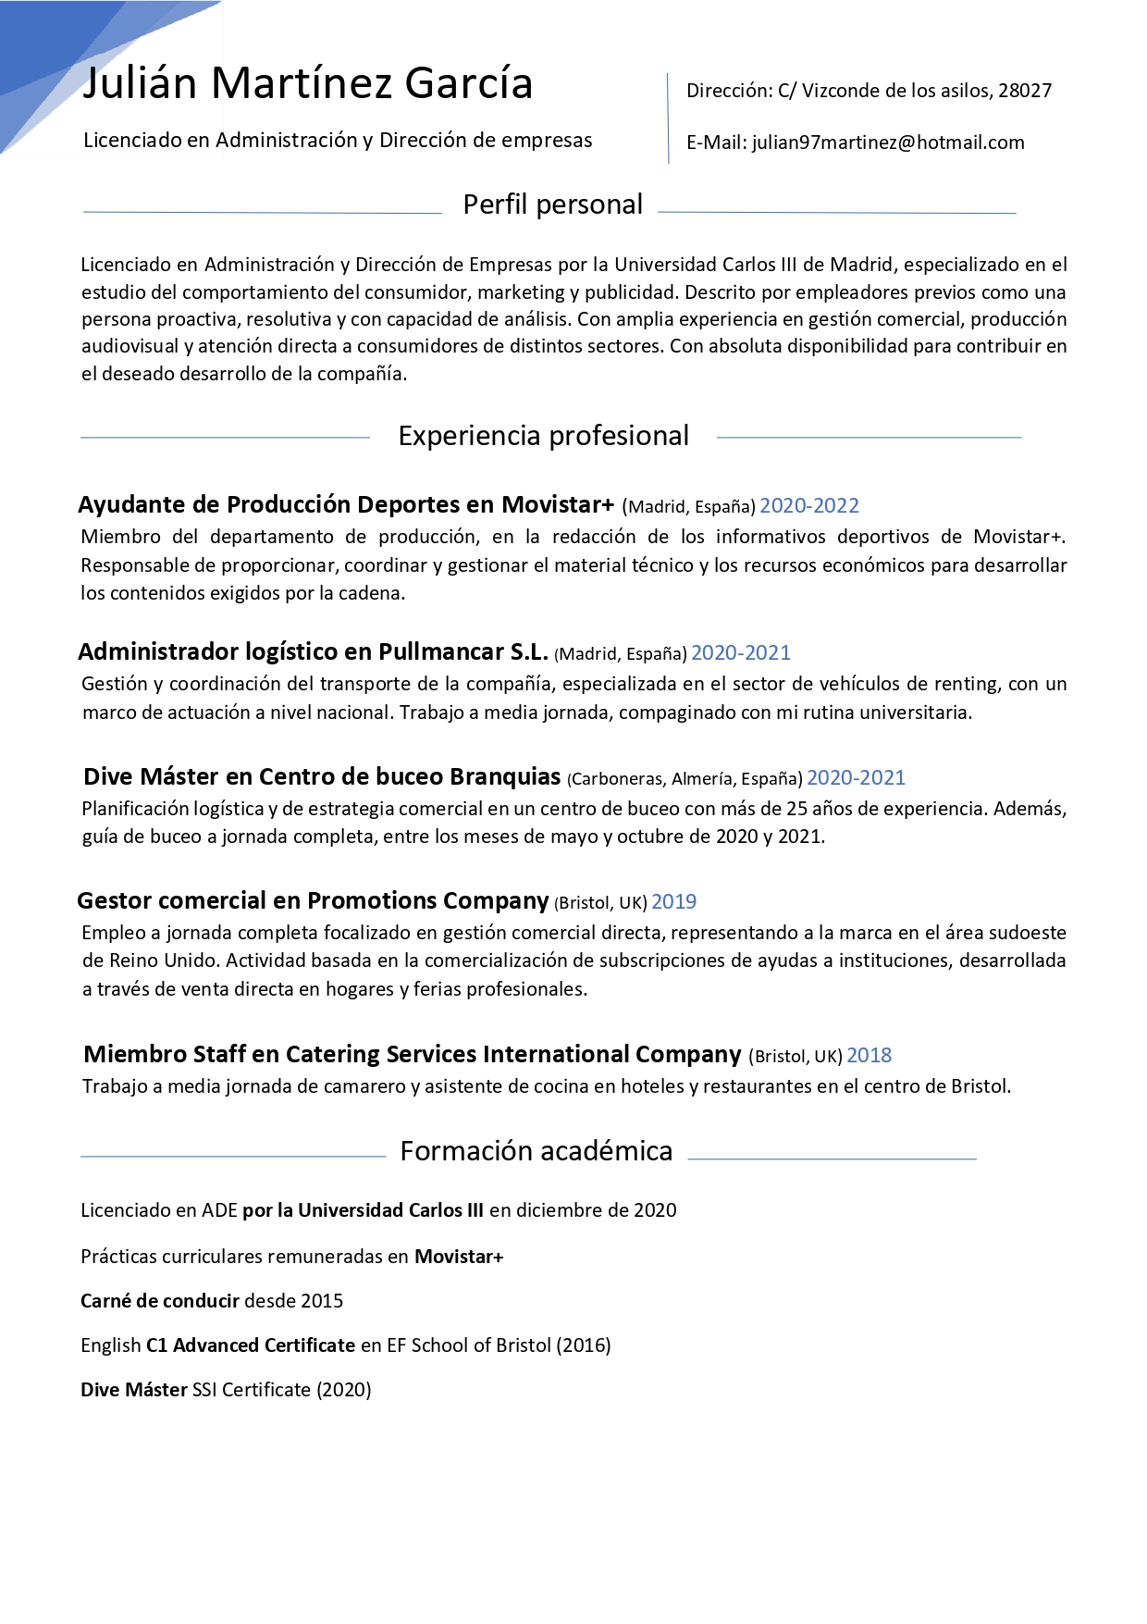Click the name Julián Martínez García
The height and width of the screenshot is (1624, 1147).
pyautogui.click(x=307, y=83)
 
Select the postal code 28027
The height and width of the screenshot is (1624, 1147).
pyautogui.click(x=1025, y=91)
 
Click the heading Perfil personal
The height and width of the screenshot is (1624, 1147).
pyautogui.click(x=552, y=205)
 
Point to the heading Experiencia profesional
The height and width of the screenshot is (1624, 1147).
pyautogui.click(x=543, y=436)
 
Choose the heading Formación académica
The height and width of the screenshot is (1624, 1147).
pyautogui.click(x=536, y=1151)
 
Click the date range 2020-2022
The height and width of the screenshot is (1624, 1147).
pyautogui.click(x=809, y=506)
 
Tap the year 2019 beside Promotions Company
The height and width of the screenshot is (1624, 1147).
pyautogui.click(x=673, y=902)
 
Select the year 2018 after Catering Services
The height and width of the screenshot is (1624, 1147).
pyautogui.click(x=869, y=1056)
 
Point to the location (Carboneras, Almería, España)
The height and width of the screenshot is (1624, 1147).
pyautogui.click(x=684, y=779)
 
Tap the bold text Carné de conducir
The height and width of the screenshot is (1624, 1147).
pyautogui.click(x=160, y=1301)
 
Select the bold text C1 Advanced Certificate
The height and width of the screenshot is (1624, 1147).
pyautogui.click(x=251, y=1345)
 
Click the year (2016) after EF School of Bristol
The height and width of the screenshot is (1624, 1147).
pyautogui.click(x=584, y=1345)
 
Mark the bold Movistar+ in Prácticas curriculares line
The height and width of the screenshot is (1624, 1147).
pyautogui.click(x=459, y=1257)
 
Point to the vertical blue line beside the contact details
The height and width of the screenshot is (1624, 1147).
pyautogui.click(x=668, y=118)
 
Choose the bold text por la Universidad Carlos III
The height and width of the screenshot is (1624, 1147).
pyautogui.click(x=363, y=1210)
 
